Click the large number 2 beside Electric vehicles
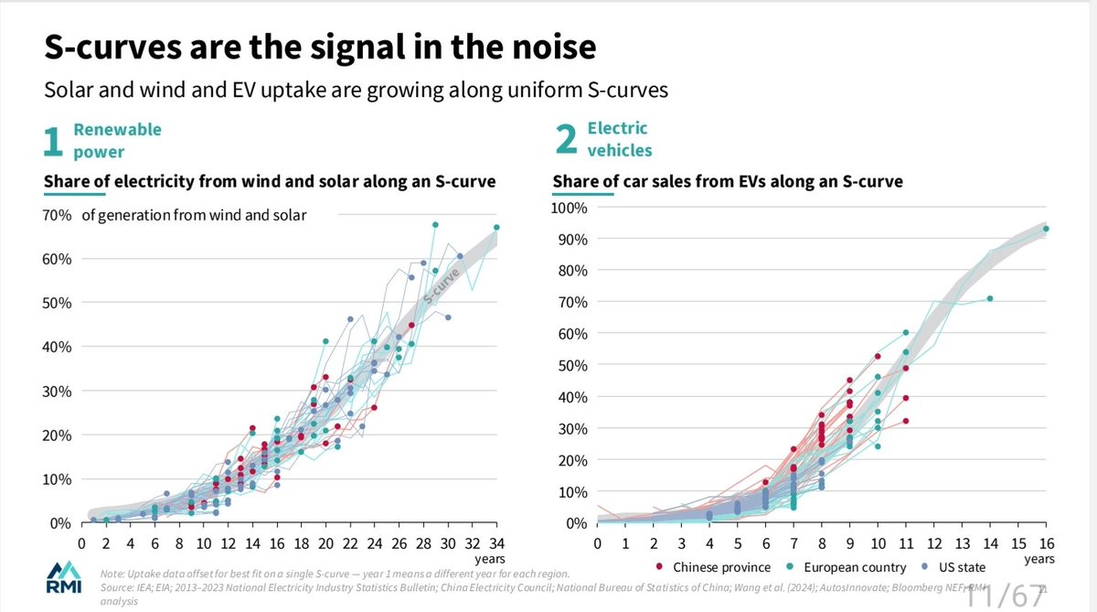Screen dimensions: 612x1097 point(566,142)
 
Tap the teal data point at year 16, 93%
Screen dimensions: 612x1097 point(1046,230)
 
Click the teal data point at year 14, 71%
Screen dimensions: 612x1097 point(990,298)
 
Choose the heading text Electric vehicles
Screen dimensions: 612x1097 point(619,139)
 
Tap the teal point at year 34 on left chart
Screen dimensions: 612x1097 point(496,227)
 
